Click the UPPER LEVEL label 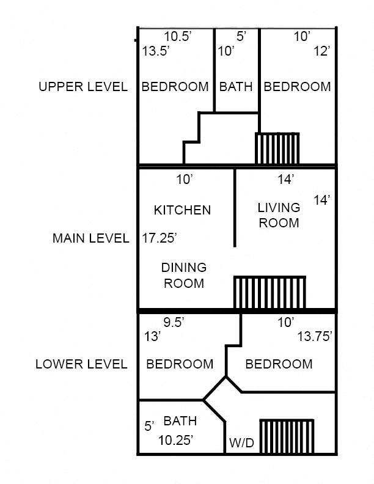point(83,87)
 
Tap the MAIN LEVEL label point(91,238)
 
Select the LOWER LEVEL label point(81,364)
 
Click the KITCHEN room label point(182,210)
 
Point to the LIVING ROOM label point(279,215)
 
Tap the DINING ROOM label point(183,275)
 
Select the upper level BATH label point(236,87)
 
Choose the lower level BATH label point(180,421)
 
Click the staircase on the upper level point(277,148)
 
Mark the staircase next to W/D point(287,436)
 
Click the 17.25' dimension point(159,238)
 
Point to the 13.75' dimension point(315,336)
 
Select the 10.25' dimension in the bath point(176,439)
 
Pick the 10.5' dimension point(178,37)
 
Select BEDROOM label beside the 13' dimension point(180,364)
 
